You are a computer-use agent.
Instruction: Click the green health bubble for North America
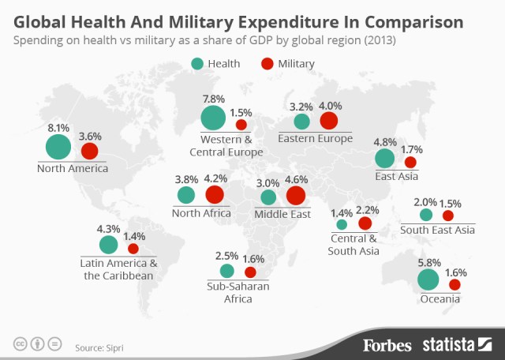[58, 148]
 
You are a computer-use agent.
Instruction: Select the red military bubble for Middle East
[296, 196]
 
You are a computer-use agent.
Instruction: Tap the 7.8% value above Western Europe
[214, 99]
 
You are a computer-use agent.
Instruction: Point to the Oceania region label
[440, 299]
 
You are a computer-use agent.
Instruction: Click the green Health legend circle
[196, 63]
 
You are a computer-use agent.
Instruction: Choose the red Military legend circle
[267, 63]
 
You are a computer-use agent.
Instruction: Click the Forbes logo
[388, 344]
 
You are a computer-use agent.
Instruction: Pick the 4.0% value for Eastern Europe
[330, 105]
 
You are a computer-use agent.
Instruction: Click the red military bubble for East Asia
[410, 163]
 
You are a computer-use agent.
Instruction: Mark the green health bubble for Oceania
[428, 279]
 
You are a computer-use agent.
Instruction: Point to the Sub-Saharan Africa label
[238, 293]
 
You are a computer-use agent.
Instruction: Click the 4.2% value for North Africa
[215, 178]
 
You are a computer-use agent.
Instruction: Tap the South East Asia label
[436, 230]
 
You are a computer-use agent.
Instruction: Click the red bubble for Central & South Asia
[365, 223]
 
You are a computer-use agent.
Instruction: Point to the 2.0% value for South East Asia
[426, 202]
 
